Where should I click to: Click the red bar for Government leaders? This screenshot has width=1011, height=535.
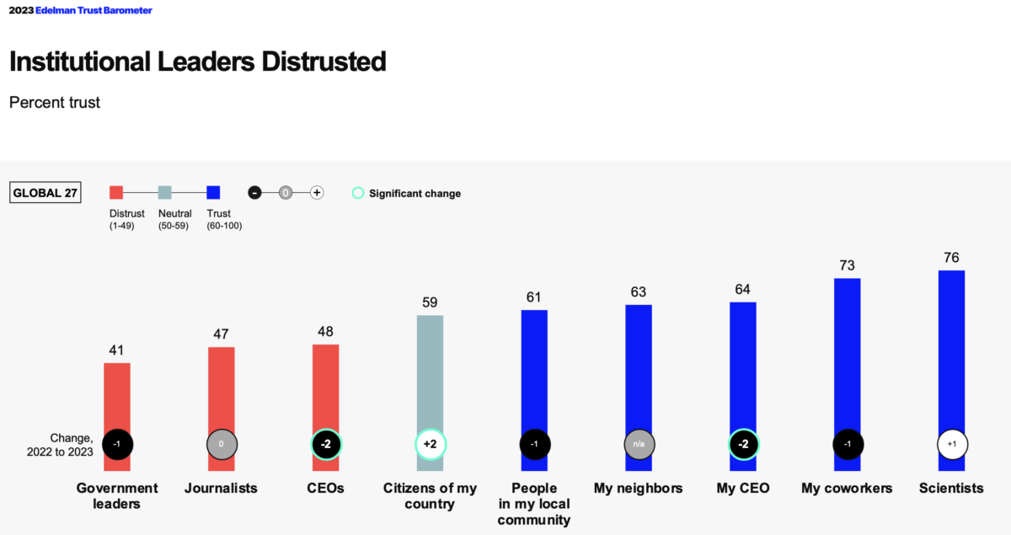pyautogui.click(x=117, y=396)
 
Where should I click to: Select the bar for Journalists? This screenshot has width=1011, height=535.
pyautogui.click(x=222, y=388)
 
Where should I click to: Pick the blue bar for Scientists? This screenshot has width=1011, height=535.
pyautogui.click(x=951, y=354)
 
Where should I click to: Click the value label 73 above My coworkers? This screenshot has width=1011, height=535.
pyautogui.click(x=847, y=265)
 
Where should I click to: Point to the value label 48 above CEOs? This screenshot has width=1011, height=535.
pyautogui.click(x=325, y=331)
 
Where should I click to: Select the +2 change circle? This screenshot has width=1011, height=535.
pyautogui.click(x=430, y=444)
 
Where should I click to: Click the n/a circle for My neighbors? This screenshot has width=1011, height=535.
pyautogui.click(x=639, y=444)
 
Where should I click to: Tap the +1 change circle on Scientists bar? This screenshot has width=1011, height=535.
pyautogui.click(x=951, y=444)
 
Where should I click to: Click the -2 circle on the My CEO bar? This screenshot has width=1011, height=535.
pyautogui.click(x=743, y=444)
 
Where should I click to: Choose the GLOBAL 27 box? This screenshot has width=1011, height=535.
pyautogui.click(x=45, y=193)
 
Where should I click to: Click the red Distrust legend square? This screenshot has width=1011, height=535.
pyautogui.click(x=116, y=192)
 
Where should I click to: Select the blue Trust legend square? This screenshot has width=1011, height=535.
pyautogui.click(x=213, y=192)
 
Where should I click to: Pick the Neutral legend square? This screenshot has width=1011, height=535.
pyautogui.click(x=164, y=192)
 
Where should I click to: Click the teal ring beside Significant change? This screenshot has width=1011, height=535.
pyautogui.click(x=357, y=193)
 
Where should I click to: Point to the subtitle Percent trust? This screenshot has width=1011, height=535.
pyautogui.click(x=55, y=103)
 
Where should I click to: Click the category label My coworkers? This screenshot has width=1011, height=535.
pyautogui.click(x=847, y=489)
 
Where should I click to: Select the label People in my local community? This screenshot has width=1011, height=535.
pyautogui.click(x=534, y=504)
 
